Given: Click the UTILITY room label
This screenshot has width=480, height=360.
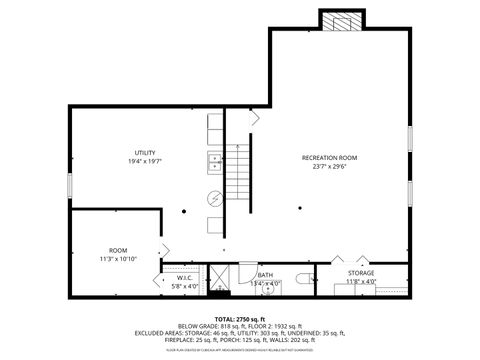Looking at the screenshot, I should (145, 151).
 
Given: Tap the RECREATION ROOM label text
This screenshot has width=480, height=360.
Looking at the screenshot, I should (329, 158).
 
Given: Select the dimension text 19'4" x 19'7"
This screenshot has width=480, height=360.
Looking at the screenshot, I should (145, 161).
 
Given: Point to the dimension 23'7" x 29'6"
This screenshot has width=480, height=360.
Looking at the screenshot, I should (329, 167).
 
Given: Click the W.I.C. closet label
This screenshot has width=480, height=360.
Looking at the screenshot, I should (185, 277).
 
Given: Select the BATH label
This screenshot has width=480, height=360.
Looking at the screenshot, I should (265, 275).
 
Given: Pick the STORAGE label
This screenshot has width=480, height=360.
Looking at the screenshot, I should (361, 273).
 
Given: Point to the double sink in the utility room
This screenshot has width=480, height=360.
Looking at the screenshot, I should (214, 159).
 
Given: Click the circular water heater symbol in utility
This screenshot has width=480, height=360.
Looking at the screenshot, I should (214, 197).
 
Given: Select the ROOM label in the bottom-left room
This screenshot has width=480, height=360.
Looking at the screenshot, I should (118, 250).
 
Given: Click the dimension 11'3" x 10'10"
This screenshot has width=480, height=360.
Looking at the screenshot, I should (118, 260).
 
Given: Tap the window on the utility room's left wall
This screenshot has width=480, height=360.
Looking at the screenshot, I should (69, 184).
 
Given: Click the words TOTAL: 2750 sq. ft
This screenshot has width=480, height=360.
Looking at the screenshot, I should (239, 318).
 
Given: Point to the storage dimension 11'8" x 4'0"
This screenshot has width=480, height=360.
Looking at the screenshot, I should (361, 282).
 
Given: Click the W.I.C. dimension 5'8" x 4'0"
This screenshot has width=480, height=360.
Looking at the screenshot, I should (185, 286).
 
